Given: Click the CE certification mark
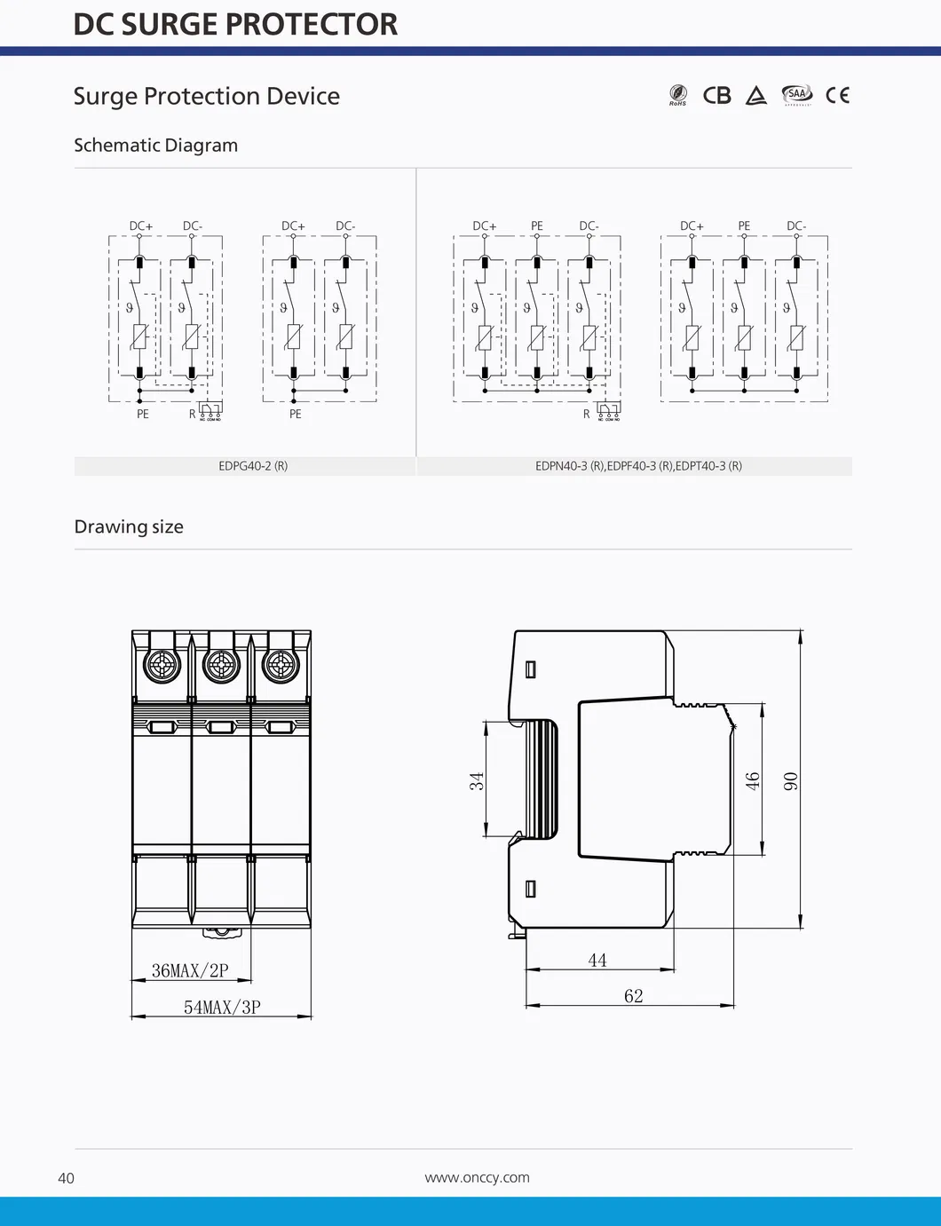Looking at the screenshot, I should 837,95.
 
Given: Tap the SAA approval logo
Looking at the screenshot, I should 796,94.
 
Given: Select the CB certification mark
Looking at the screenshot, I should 716,95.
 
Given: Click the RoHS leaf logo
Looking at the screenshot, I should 678,94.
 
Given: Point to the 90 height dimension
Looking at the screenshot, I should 790,781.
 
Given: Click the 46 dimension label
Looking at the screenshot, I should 753,781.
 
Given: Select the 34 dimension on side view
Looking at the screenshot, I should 477,781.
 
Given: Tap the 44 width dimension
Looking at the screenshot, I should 597,960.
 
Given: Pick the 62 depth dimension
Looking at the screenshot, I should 633,996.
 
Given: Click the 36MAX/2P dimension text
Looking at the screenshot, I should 190,970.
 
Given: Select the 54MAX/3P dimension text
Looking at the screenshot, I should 222,1007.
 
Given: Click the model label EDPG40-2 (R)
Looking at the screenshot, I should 253,466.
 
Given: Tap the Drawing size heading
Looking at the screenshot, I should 129,526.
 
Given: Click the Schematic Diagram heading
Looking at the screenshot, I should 155,145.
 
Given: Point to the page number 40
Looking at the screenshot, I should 66,1178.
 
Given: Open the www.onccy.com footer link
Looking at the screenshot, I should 477,1177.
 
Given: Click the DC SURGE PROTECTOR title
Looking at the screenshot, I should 235,25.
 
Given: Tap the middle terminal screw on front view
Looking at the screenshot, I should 221,664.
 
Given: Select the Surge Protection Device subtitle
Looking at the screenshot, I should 206,96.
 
